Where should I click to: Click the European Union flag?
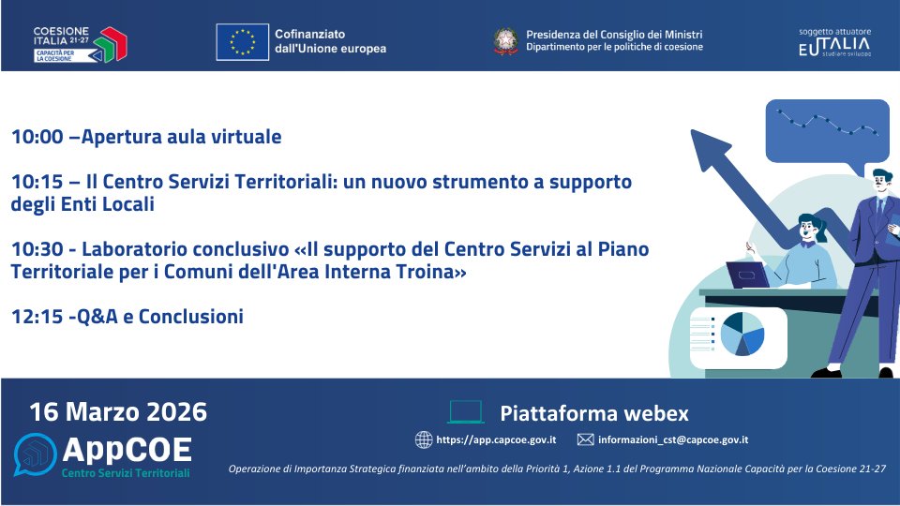[242, 41]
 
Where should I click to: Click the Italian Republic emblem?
[506, 40]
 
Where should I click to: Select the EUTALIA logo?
[833, 43]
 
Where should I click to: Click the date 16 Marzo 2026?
[118, 412]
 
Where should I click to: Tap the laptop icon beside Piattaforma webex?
[466, 412]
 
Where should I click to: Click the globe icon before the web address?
[424, 439]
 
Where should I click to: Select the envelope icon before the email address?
[585, 439]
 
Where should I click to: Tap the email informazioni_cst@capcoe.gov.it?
[673, 439]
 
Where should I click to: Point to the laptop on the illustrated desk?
[748, 275]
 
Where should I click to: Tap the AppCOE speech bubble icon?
[35, 455]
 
